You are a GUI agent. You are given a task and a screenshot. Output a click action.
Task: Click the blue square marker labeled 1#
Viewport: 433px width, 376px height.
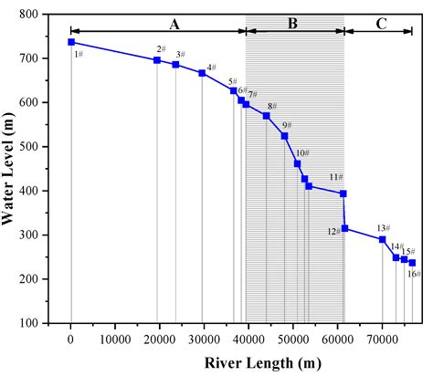tap(71, 42)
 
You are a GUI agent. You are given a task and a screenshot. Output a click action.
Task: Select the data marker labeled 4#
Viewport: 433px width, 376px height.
tap(202, 73)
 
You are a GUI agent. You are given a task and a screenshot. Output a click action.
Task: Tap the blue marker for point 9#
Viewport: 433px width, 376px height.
tap(284, 136)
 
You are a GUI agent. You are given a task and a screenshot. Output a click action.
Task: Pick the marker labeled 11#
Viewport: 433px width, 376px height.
tap(343, 193)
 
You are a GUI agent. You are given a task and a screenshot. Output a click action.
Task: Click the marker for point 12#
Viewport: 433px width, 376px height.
tap(344, 228)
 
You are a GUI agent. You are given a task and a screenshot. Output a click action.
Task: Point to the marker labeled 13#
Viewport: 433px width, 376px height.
tap(382, 239)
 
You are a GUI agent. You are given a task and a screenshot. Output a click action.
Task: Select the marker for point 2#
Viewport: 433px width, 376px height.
tap(157, 60)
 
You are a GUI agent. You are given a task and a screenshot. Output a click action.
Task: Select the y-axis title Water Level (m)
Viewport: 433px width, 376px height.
tap(15, 169)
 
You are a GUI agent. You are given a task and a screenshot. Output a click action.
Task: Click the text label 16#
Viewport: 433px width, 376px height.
tap(413, 273)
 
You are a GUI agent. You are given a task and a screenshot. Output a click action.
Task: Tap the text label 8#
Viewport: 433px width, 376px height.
tap(272, 106)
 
